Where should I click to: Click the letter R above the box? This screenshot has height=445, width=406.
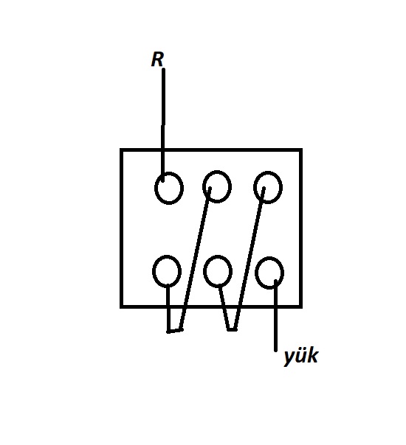[157, 60]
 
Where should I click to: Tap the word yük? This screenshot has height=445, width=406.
[300, 356]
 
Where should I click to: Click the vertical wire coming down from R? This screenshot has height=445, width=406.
[163, 125]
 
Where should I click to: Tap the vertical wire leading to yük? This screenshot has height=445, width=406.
[275, 315]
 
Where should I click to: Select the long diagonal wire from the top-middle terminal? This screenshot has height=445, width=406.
[196, 259]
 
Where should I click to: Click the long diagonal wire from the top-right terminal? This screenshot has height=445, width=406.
[250, 259]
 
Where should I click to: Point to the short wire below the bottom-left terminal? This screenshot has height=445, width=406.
[168, 309]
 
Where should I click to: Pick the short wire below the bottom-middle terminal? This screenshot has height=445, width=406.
[224, 309]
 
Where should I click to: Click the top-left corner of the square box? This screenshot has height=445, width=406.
[121, 150]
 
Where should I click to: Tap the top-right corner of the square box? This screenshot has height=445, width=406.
[301, 150]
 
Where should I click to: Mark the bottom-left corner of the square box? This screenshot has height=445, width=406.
[121, 306]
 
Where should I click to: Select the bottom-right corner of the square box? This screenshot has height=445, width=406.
[301, 306]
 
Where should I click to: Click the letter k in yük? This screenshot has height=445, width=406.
[313, 355]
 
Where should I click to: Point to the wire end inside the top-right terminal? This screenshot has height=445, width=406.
[264, 188]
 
